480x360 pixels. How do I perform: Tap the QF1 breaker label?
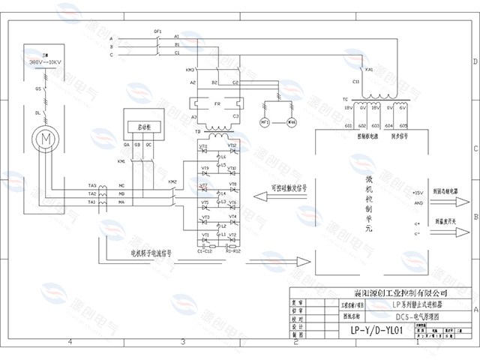[157, 31]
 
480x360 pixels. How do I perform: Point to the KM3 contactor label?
[169, 70]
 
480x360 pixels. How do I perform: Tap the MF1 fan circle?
[265, 121]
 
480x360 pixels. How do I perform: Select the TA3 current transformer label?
[91, 184]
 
